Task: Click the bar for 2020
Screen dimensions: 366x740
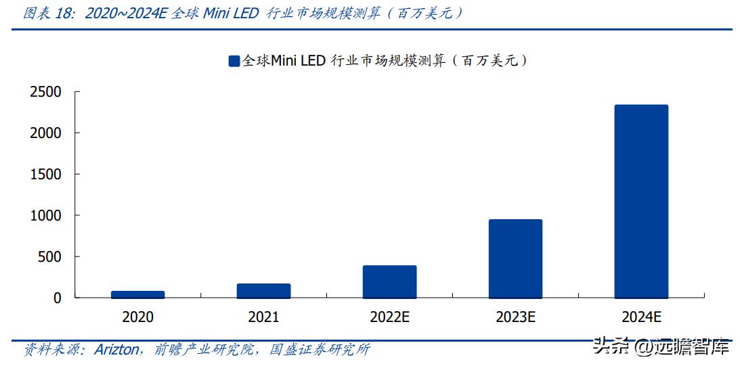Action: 137,294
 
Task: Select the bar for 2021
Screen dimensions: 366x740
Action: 263,291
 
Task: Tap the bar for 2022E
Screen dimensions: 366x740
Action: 389,281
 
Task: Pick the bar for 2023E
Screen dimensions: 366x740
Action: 515,258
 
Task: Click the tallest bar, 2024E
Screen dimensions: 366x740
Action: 641,201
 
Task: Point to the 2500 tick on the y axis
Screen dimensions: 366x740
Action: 45,92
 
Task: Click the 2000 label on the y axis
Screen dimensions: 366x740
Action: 45,133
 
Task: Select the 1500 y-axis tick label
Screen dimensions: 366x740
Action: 45,175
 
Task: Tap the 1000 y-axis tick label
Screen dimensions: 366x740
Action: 45,216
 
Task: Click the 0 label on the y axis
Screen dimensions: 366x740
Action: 58,298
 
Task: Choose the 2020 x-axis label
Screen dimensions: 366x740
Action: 137,317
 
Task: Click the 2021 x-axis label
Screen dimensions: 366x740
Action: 263,317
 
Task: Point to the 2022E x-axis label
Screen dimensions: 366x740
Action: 389,317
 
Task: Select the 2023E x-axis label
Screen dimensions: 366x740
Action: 515,317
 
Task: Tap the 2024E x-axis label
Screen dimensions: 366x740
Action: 641,317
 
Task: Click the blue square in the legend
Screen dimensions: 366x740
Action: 234,61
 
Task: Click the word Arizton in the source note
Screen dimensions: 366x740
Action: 117,350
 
